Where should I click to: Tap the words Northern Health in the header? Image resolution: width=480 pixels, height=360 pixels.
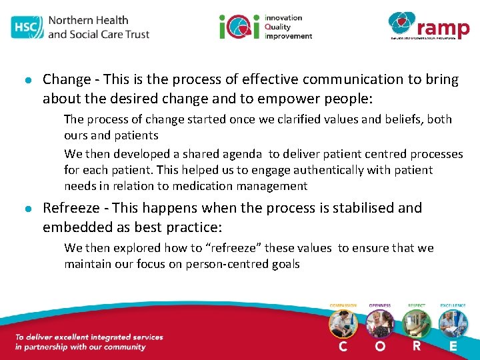[88, 19]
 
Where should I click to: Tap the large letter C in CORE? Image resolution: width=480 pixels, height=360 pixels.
[343, 347]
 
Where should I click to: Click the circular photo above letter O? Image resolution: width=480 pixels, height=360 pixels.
[379, 324]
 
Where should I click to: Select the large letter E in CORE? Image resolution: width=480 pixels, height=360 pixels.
[453, 347]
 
